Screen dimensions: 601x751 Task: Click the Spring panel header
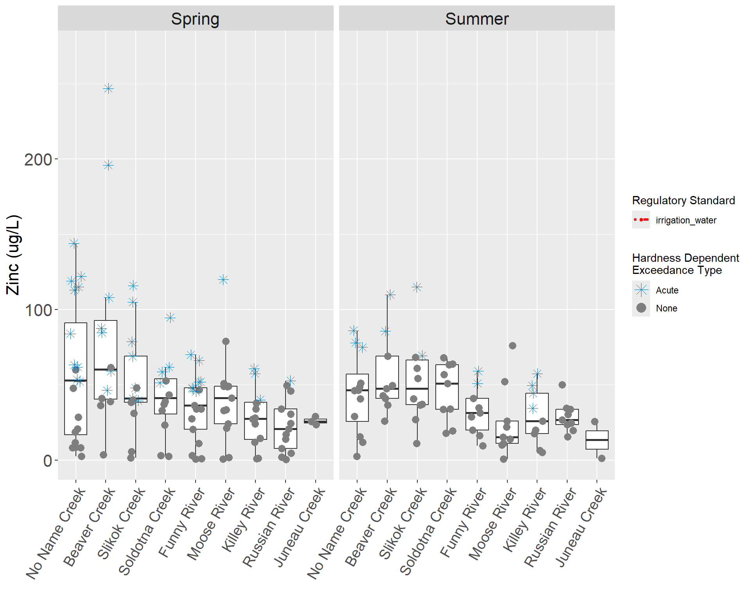point(195,19)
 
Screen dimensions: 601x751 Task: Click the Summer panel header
point(476,19)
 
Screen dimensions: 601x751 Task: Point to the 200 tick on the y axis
point(38,160)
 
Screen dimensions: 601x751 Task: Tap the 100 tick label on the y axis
point(38,310)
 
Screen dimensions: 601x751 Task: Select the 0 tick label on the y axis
point(47,461)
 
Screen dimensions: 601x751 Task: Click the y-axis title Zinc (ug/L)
point(13,255)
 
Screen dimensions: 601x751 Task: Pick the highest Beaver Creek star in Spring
point(108,88)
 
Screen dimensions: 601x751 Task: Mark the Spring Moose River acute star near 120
point(223,280)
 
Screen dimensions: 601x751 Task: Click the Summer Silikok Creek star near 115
point(417,287)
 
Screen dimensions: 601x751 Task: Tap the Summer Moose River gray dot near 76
point(512,345)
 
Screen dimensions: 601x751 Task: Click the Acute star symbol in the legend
point(641,290)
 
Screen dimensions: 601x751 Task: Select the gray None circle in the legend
point(641,308)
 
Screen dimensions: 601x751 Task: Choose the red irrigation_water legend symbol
point(641,220)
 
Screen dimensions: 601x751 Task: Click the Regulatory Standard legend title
point(683,200)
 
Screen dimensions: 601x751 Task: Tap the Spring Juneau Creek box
point(315,421)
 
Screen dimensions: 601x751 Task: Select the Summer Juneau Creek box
point(597,440)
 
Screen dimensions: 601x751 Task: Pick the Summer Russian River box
point(567,417)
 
